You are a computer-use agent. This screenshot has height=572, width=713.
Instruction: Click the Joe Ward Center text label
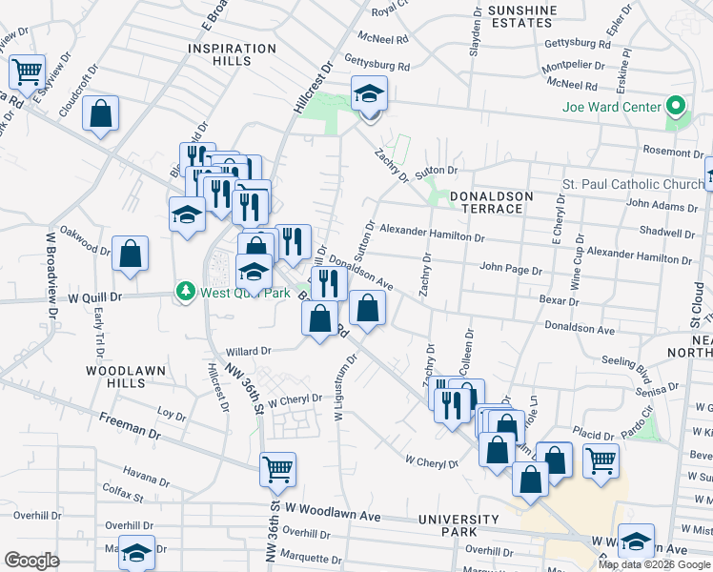pyautogui.click(x=611, y=106)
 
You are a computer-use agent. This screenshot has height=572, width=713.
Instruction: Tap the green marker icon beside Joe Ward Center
pyautogui.click(x=677, y=106)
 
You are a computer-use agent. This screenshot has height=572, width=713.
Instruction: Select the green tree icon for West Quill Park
pyautogui.click(x=186, y=293)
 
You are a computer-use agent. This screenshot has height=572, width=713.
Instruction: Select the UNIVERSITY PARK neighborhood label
pyautogui.click(x=458, y=526)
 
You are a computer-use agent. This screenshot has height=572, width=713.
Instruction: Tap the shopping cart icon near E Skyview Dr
pyautogui.click(x=28, y=71)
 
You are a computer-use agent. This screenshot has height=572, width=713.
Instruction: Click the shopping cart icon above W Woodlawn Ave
pyautogui.click(x=277, y=468)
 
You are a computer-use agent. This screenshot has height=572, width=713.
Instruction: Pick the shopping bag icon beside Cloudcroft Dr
pyautogui.click(x=101, y=114)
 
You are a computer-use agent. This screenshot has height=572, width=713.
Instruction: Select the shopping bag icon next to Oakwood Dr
pyautogui.click(x=130, y=254)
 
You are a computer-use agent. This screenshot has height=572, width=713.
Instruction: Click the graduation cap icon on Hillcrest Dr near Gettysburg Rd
pyautogui.click(x=369, y=93)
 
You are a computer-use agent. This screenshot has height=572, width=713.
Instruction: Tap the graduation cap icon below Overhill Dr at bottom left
pyautogui.click(x=137, y=553)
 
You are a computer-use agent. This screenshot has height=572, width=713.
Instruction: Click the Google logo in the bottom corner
pyautogui.click(x=31, y=561)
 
